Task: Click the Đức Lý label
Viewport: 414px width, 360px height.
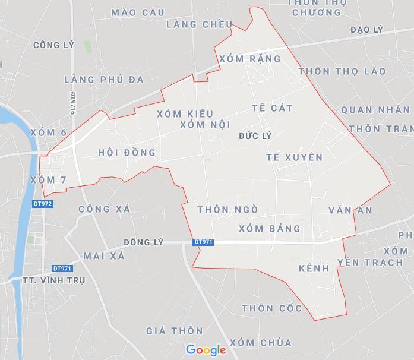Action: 255,136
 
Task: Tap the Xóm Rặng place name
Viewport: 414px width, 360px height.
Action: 250,59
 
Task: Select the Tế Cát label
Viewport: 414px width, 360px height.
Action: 272,108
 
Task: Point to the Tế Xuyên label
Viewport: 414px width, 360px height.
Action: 294,157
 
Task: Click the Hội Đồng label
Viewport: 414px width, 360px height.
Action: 127,153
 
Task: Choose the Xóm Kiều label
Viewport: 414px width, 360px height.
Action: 185,113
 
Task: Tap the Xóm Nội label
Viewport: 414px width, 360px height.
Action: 204,125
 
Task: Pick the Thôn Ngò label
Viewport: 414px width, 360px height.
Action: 227,209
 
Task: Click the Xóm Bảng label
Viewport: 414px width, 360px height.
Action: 269,228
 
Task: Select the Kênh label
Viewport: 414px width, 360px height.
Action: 314,269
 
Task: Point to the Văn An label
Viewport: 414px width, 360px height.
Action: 350,210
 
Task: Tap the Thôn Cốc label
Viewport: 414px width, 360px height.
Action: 272,308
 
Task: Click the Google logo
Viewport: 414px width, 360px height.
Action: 206,350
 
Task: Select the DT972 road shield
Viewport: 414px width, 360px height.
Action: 43,204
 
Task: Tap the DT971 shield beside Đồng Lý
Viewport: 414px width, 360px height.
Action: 203,242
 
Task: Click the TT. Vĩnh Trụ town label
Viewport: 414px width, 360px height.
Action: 53,280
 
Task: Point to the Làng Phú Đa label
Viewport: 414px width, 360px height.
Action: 95,79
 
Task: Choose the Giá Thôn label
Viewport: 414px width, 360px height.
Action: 175,330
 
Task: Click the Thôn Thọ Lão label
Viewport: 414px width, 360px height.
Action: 342,71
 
